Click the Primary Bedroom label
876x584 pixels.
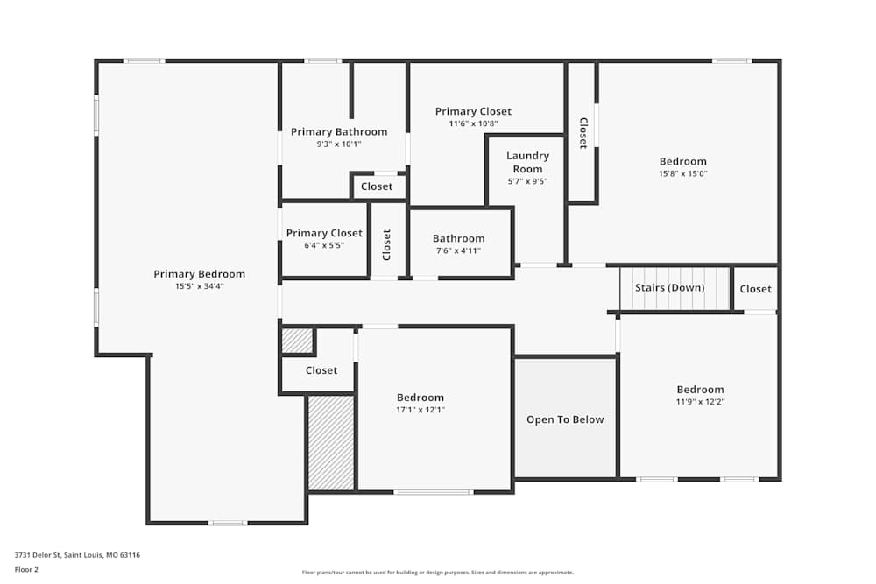pyautogui.click(x=199, y=274)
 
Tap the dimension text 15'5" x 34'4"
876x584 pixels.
pyautogui.click(x=199, y=286)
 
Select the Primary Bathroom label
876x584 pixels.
pyautogui.click(x=339, y=132)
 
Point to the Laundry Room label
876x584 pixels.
pyautogui.click(x=527, y=162)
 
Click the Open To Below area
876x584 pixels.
pyautogui.click(x=565, y=419)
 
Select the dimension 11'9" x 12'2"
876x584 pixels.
pyautogui.click(x=700, y=402)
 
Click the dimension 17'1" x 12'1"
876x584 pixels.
pyautogui.click(x=420, y=410)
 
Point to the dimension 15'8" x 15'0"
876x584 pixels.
pyautogui.click(x=682, y=173)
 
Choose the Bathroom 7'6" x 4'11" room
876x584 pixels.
pyautogui.click(x=458, y=243)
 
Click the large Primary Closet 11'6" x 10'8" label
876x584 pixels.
pyautogui.click(x=473, y=111)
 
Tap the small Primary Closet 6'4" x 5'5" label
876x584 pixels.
pyautogui.click(x=324, y=233)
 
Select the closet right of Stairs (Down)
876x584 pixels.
pyautogui.click(x=755, y=289)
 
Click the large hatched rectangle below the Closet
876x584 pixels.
pyautogui.click(x=330, y=442)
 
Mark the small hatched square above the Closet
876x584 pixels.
pyautogui.click(x=297, y=341)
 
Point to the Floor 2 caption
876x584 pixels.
pyautogui.click(x=26, y=569)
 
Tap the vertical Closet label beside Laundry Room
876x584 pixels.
pyautogui.click(x=583, y=132)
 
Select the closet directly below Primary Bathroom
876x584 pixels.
pyautogui.click(x=377, y=186)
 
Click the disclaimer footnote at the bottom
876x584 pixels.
pyautogui.click(x=438, y=573)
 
